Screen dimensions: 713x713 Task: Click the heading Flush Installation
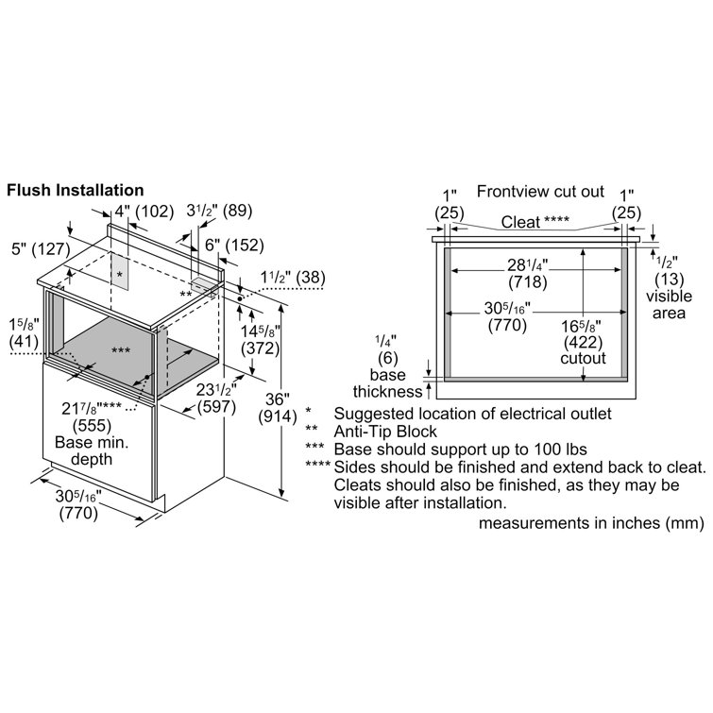pos(75,190)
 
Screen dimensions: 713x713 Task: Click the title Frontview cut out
pos(540,192)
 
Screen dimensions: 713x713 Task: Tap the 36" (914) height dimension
pos(278,407)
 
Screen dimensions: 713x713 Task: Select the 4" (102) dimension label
pos(144,212)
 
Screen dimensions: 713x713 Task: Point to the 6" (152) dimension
pos(234,246)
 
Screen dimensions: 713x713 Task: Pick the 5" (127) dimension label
pos(41,248)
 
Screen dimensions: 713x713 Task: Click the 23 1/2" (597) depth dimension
pos(216,399)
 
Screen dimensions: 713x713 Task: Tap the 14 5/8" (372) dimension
pos(261,340)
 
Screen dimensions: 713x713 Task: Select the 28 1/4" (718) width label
pos(528,273)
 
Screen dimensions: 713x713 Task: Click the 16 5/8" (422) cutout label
pos(583,343)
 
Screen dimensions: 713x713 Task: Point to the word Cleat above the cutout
pos(520,222)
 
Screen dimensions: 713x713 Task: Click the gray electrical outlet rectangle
pos(120,271)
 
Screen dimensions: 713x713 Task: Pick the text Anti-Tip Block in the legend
pos(385,431)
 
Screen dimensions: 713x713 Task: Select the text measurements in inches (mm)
pos(591,523)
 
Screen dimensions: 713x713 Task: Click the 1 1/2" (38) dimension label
pos(293,277)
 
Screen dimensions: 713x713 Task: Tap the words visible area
pos(669,304)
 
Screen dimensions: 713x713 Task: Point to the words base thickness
pos(388,382)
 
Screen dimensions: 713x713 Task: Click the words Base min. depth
pos(92,450)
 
